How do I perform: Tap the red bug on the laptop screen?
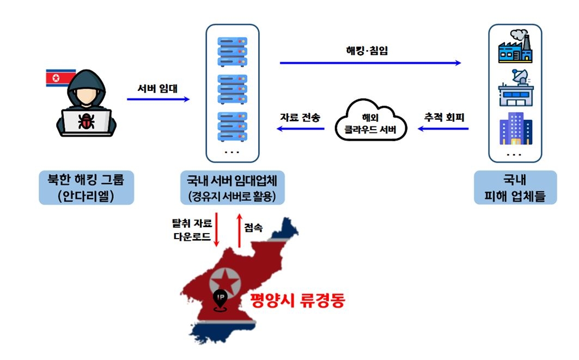86,121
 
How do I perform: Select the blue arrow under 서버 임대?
158,99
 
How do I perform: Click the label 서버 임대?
157,89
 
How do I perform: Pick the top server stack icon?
232,52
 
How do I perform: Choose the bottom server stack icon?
232,127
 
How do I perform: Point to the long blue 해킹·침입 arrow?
370,63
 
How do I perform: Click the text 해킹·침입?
367,51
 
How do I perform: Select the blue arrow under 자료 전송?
300,129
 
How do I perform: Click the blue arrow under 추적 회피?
443,129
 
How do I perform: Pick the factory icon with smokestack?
515,46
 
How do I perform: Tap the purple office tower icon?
516,129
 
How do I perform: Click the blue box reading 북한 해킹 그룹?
87,187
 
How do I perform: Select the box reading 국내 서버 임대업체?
232,187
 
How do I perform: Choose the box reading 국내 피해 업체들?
515,187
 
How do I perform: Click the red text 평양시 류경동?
297,300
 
